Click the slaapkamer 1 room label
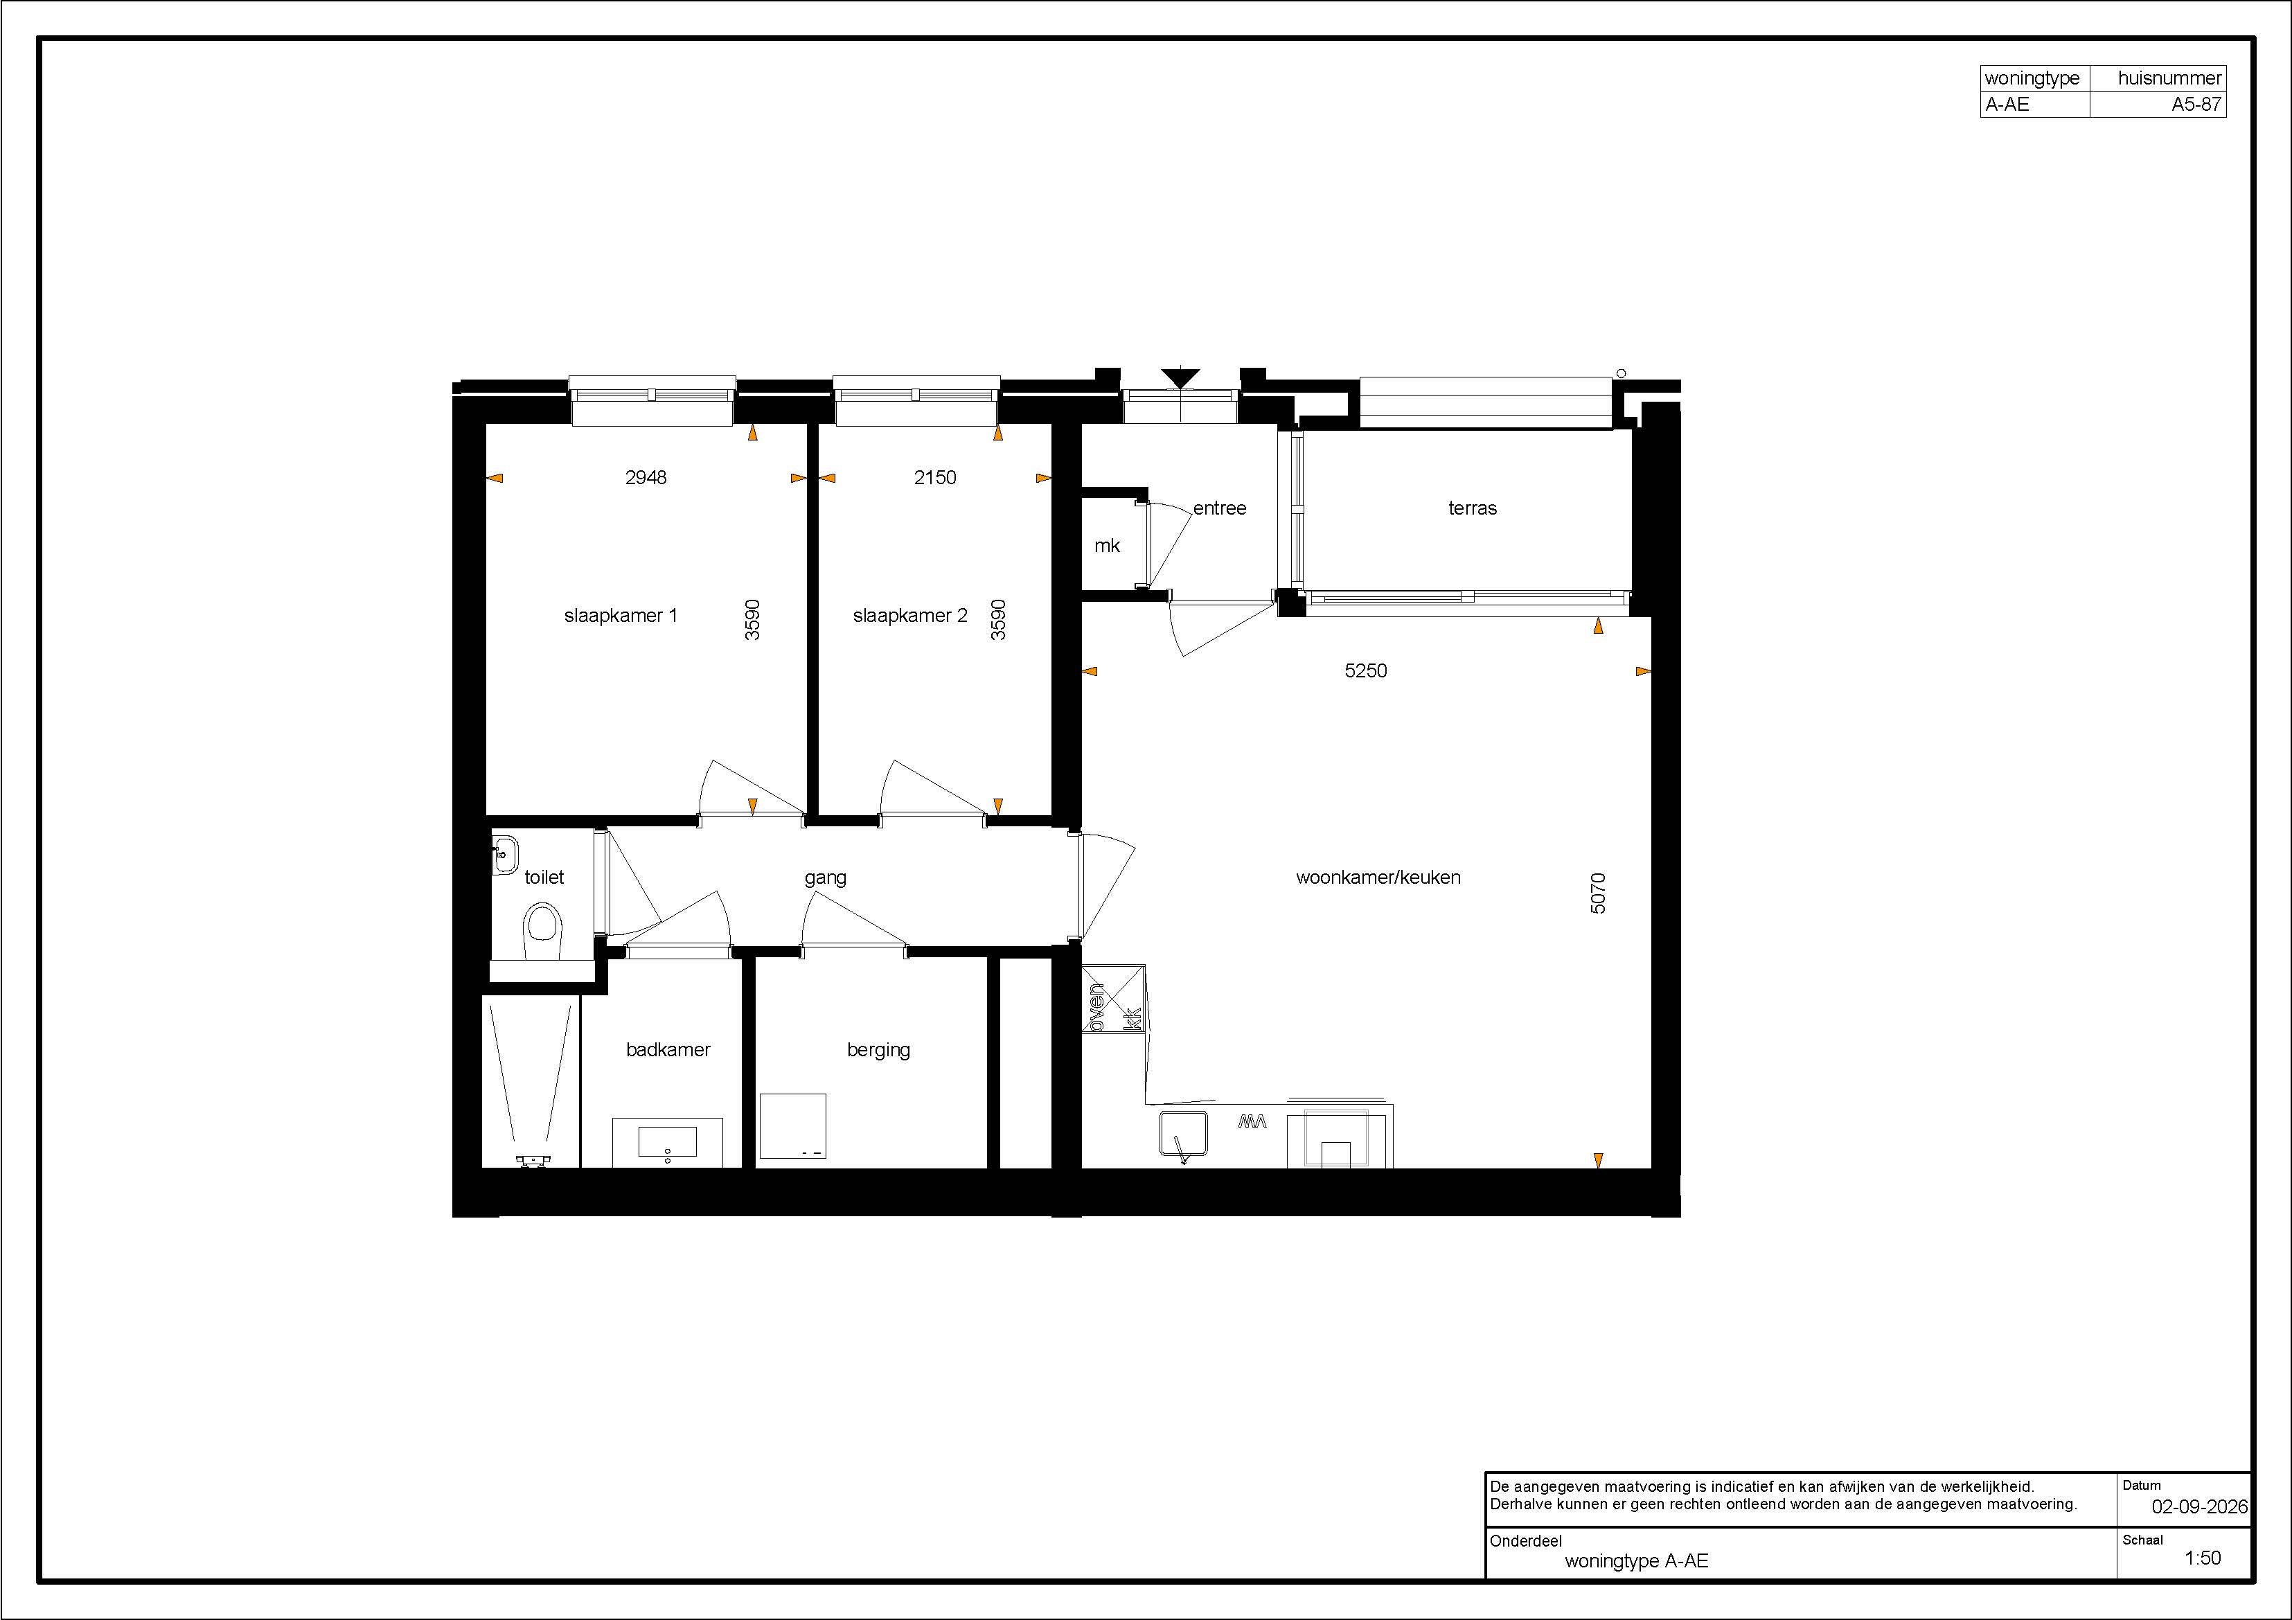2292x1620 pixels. click(x=620, y=616)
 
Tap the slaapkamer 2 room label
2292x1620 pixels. click(x=909, y=616)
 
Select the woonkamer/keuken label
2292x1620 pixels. click(x=1378, y=878)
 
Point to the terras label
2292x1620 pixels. click(x=1473, y=508)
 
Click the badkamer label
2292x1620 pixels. click(x=668, y=1049)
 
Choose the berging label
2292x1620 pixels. click(x=878, y=1050)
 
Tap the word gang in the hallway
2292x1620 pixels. click(x=826, y=878)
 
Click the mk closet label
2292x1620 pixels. click(x=1107, y=546)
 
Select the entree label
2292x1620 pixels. click(x=1220, y=508)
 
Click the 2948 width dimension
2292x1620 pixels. click(x=646, y=477)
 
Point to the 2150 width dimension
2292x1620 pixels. click(x=935, y=477)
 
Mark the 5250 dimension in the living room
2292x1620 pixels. click(x=1366, y=670)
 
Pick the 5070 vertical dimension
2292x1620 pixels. click(x=1598, y=893)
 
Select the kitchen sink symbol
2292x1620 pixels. click(x=1185, y=1138)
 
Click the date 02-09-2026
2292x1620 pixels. click(x=2199, y=1507)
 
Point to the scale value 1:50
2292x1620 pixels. click(x=2203, y=1558)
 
